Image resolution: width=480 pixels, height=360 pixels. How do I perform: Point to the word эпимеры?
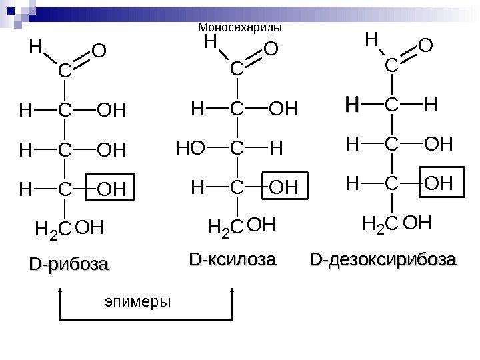click(138, 302)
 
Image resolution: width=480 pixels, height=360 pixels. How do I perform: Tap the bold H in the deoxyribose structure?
click(351, 105)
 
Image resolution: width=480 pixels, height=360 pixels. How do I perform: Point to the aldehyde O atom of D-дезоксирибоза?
click(425, 46)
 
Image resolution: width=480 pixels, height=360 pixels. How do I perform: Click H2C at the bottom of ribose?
click(53, 231)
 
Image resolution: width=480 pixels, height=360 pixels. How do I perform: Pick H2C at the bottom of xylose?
click(226, 231)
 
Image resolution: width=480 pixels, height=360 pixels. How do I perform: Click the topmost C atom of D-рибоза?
click(64, 70)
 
